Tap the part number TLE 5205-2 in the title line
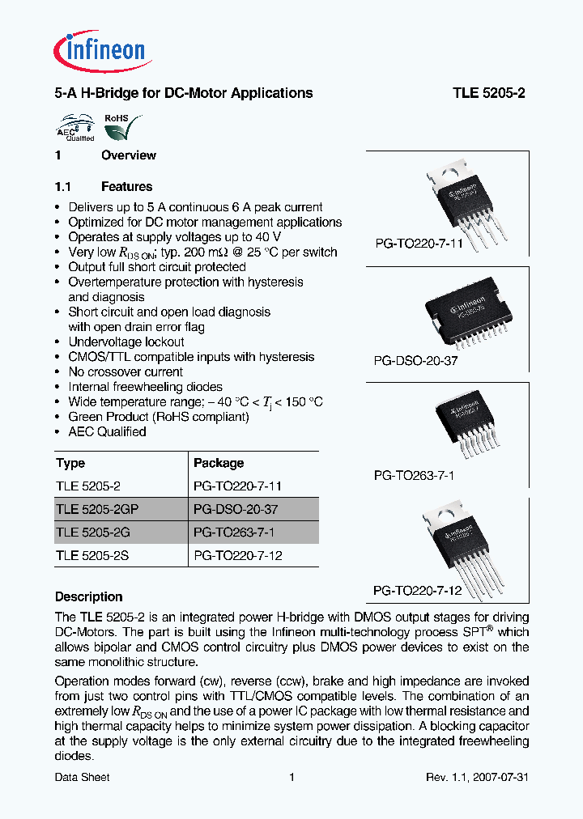pyautogui.click(x=488, y=93)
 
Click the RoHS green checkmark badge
pyautogui.click(x=120, y=128)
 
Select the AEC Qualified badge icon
pyautogui.click(x=74, y=128)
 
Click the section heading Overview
pyautogui.click(x=128, y=155)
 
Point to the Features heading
pyautogui.click(x=126, y=186)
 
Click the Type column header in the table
pyautogui.click(x=70, y=463)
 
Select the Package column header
pyautogui.click(x=219, y=463)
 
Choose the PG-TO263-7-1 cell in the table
pyautogui.click(x=235, y=532)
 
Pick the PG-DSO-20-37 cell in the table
pyautogui.click(x=236, y=509)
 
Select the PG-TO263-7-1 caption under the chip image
pyautogui.click(x=414, y=476)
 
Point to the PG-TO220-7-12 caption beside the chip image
pyautogui.click(x=417, y=591)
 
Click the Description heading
pyautogui.click(x=88, y=596)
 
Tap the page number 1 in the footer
pyautogui.click(x=291, y=777)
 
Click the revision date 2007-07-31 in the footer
pyautogui.click(x=501, y=777)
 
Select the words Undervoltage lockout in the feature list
pyautogui.click(x=126, y=342)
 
